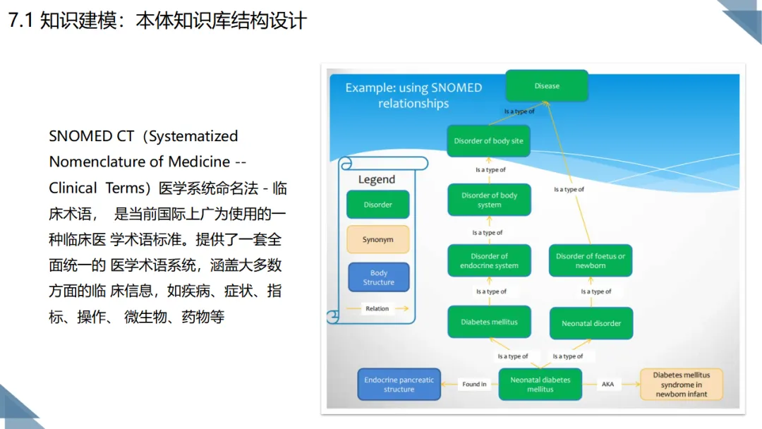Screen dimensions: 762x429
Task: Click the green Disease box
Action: [547, 85]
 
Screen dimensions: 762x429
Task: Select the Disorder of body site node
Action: [488, 141]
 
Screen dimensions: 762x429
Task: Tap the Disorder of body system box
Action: [489, 200]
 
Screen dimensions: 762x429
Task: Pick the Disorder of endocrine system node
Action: [489, 260]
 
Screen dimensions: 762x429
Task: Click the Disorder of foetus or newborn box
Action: [591, 260]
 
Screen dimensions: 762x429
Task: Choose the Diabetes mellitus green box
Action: [489, 322]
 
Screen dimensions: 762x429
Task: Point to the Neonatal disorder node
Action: [591, 323]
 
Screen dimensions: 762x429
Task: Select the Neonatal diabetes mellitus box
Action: [540, 385]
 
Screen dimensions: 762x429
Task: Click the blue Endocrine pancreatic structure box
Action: [399, 385]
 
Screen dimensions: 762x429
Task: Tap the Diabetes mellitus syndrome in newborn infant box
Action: [682, 385]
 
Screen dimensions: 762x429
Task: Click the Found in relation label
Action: [474, 385]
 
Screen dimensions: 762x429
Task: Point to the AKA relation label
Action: [607, 385]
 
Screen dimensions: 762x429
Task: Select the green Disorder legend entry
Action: [378, 205]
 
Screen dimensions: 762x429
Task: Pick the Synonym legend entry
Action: [378, 239]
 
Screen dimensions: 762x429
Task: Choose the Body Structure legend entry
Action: [379, 277]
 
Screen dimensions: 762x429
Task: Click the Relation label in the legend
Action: [377, 308]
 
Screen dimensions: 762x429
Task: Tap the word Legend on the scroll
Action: [377, 179]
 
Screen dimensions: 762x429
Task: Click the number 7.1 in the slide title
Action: [20, 20]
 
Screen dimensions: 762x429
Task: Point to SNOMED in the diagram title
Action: [456, 87]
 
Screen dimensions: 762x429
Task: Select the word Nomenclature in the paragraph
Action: [140, 162]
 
